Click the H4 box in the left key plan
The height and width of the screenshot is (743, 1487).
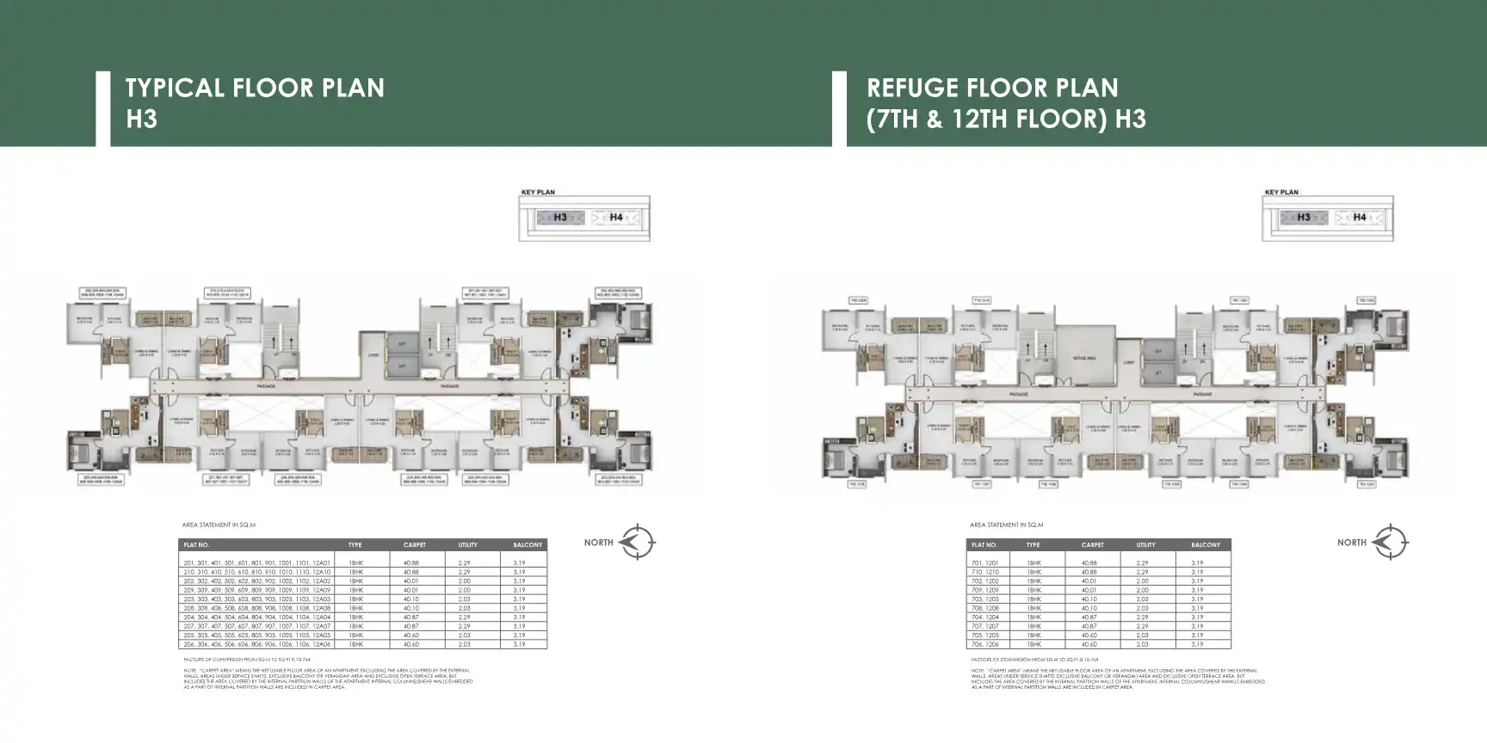click(616, 218)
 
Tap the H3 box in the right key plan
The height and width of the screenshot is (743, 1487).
click(1303, 218)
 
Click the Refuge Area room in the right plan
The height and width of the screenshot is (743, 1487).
click(1083, 357)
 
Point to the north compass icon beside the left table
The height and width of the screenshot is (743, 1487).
click(638, 542)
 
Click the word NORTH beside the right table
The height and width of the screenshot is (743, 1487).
click(1352, 543)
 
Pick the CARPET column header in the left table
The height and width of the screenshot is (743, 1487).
click(415, 545)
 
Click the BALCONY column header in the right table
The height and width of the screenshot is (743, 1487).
click(1205, 545)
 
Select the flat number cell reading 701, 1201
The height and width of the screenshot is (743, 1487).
click(985, 562)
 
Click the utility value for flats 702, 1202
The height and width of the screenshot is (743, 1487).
click(1142, 580)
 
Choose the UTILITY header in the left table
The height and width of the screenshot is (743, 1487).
click(468, 545)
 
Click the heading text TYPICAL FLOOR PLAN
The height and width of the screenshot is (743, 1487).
click(255, 88)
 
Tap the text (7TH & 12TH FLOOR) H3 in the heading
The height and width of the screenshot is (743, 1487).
click(1006, 119)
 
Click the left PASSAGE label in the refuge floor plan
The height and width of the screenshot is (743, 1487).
click(1019, 394)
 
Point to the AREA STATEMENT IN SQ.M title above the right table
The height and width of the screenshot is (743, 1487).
click(1006, 525)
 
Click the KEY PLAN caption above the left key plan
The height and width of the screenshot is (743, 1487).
click(538, 192)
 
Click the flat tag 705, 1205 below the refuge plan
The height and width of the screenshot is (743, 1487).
click(1171, 484)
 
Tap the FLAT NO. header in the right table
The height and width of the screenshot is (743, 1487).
click(984, 545)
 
